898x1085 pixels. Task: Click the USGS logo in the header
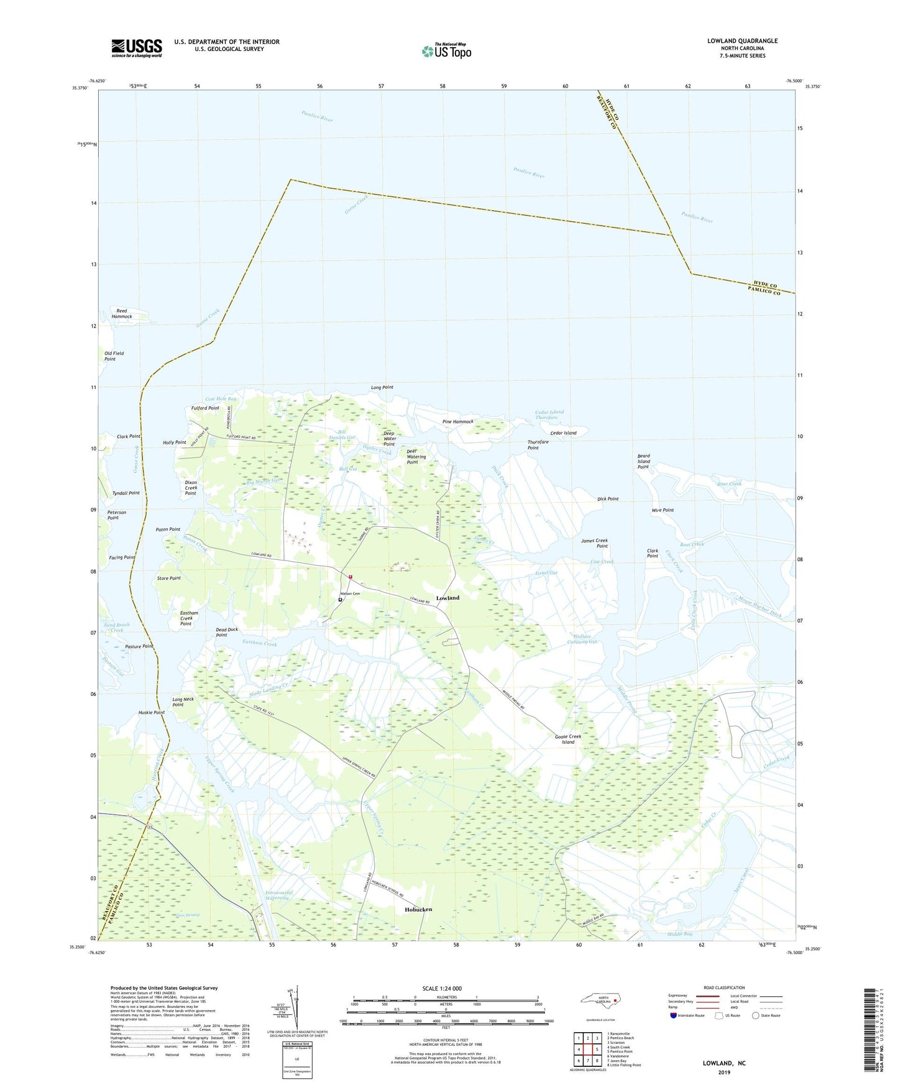(x=137, y=47)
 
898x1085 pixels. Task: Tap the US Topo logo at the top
(x=446, y=50)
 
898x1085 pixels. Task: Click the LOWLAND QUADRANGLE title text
(x=742, y=41)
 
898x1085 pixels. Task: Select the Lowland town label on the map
(x=447, y=598)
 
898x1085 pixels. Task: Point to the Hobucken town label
(x=418, y=909)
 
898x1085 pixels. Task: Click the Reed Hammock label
(x=122, y=313)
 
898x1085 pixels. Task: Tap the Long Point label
(x=382, y=387)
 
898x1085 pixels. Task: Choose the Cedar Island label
(x=563, y=433)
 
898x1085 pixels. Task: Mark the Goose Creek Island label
(x=568, y=739)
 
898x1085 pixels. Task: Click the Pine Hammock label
(x=458, y=421)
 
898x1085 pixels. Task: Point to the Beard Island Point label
(x=643, y=461)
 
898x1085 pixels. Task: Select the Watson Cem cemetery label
(x=349, y=594)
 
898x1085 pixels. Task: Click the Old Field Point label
(x=114, y=356)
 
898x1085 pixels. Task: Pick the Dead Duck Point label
(x=227, y=632)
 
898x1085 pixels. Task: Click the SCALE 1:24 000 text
(x=442, y=988)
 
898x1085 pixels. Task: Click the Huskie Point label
(x=152, y=712)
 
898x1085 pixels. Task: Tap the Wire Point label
(x=662, y=510)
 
